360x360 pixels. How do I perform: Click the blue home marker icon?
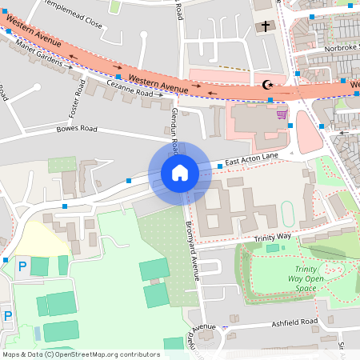179,172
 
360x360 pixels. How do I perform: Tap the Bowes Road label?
77,129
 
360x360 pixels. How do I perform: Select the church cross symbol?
266,26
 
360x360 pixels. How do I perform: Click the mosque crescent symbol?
267,84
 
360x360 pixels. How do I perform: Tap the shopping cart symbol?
282,114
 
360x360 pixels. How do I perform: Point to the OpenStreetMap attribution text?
80,354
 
